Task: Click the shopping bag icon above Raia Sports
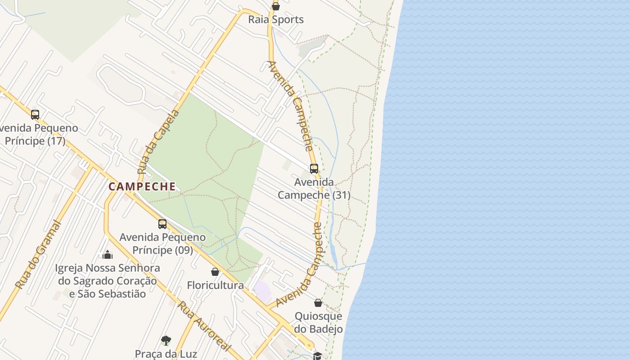coord(276,6)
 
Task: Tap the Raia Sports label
coord(276,20)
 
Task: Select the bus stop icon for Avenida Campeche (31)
coord(314,169)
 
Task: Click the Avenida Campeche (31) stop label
coord(314,189)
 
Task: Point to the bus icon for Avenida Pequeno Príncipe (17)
coord(35,115)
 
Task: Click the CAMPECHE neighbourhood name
coord(142,187)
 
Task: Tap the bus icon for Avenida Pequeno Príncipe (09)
coord(162,224)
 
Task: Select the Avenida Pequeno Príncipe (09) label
coord(162,243)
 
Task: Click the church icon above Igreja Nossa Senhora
coord(108,255)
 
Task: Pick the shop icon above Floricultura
coord(215,272)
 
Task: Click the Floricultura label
coord(215,285)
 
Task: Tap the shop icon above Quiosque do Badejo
coord(318,303)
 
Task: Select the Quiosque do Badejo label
coord(318,323)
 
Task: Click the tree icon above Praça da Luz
coord(166,340)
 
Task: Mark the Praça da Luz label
coord(166,354)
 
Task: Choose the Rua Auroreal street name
coord(204,327)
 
